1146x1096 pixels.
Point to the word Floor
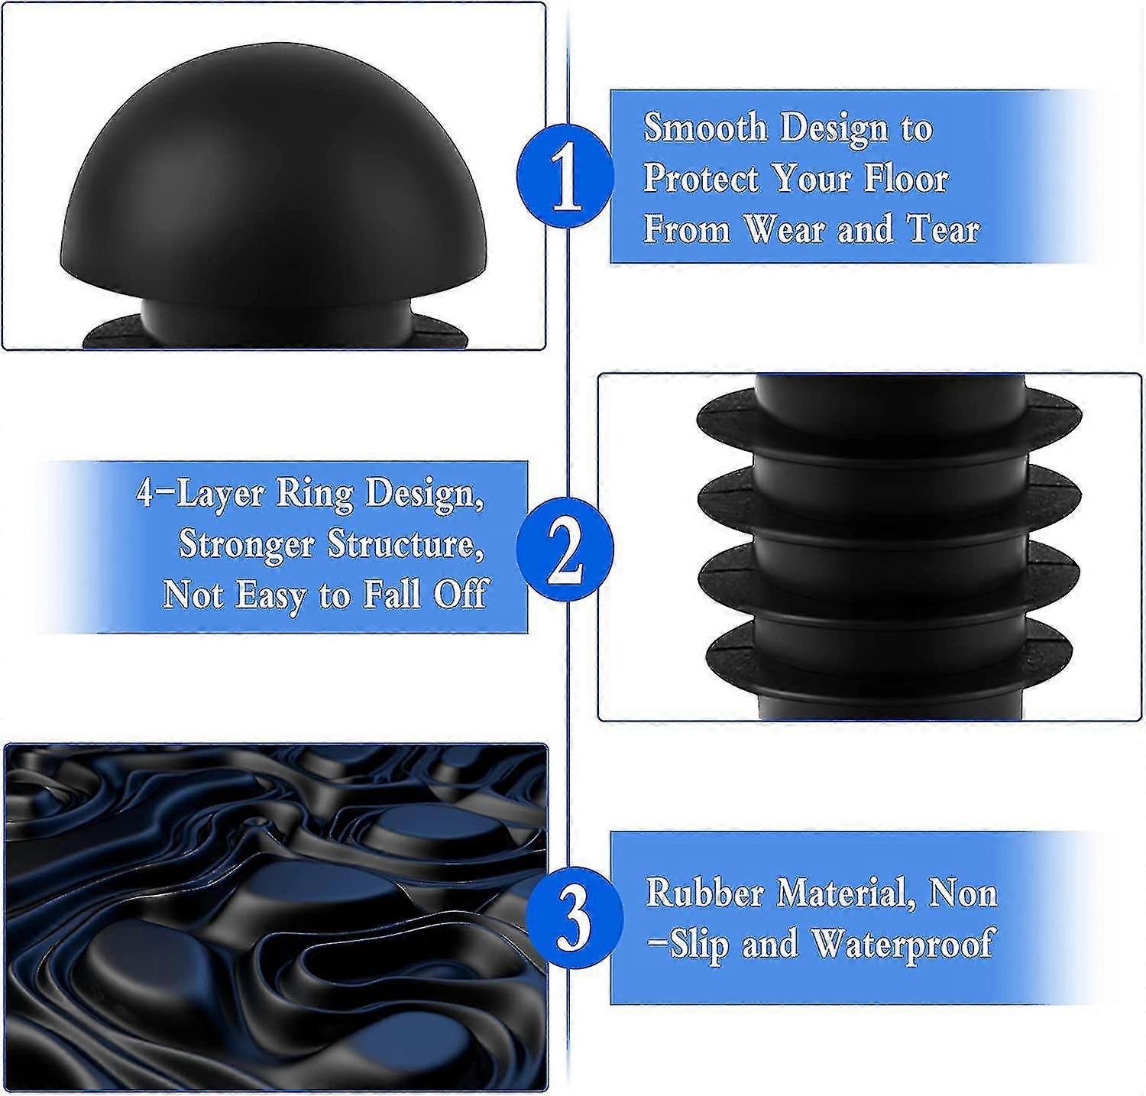point(906,178)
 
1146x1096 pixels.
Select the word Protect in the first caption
point(702,178)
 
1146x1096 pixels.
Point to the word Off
point(460,594)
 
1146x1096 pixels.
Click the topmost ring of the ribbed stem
point(889,419)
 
